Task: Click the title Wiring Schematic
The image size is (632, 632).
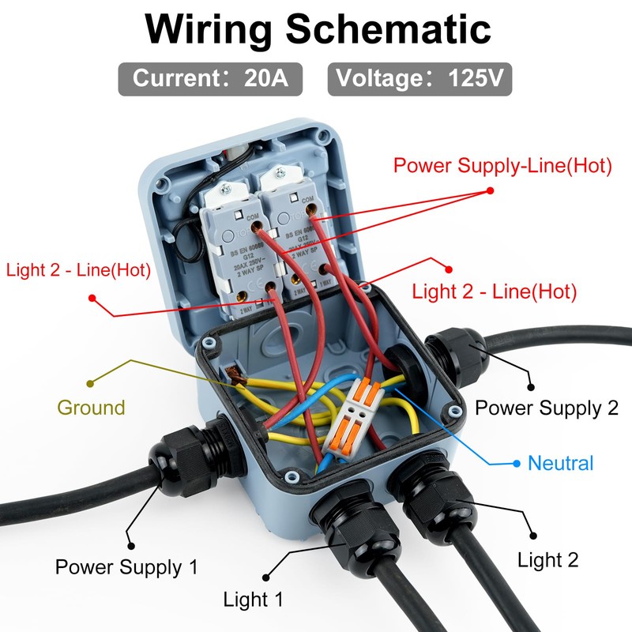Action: pyautogui.click(x=318, y=29)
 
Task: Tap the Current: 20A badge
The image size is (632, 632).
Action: pyautogui.click(x=211, y=79)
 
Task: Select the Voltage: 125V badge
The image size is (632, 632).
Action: pyautogui.click(x=419, y=79)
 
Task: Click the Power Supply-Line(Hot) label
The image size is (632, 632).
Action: pyautogui.click(x=503, y=166)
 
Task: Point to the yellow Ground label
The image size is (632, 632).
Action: pyautogui.click(x=91, y=408)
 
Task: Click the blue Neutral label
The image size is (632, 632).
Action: pyautogui.click(x=560, y=463)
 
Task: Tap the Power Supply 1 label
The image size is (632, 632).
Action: pyautogui.click(x=126, y=566)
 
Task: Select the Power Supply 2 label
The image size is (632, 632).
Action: pyautogui.click(x=546, y=408)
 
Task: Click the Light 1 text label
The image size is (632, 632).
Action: pyautogui.click(x=253, y=599)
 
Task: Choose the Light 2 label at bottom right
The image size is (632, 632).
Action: pyautogui.click(x=547, y=560)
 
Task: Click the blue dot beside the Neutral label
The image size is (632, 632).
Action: pyautogui.click(x=517, y=463)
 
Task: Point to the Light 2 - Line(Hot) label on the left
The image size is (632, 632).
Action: pyautogui.click(x=78, y=270)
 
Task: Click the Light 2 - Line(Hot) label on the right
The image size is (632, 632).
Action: pyautogui.click(x=495, y=292)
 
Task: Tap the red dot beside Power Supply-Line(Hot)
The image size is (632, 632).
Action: pyautogui.click(x=490, y=190)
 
